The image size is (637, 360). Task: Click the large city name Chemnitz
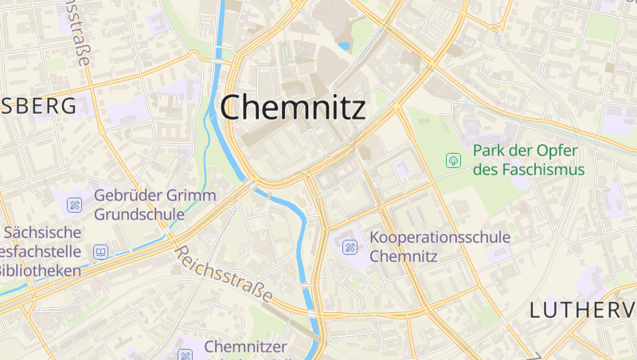(293, 108)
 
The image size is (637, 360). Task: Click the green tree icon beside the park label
(453, 161)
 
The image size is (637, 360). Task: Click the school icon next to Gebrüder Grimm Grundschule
(74, 205)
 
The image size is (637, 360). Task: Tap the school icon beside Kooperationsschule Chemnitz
(350, 247)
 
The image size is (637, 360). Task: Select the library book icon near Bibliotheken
(100, 252)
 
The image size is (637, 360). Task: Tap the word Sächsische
(43, 233)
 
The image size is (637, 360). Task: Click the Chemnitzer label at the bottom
(244, 346)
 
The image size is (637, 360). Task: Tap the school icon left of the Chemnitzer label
(186, 354)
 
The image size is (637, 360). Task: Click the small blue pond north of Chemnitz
(344, 46)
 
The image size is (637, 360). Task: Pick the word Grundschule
(139, 214)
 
